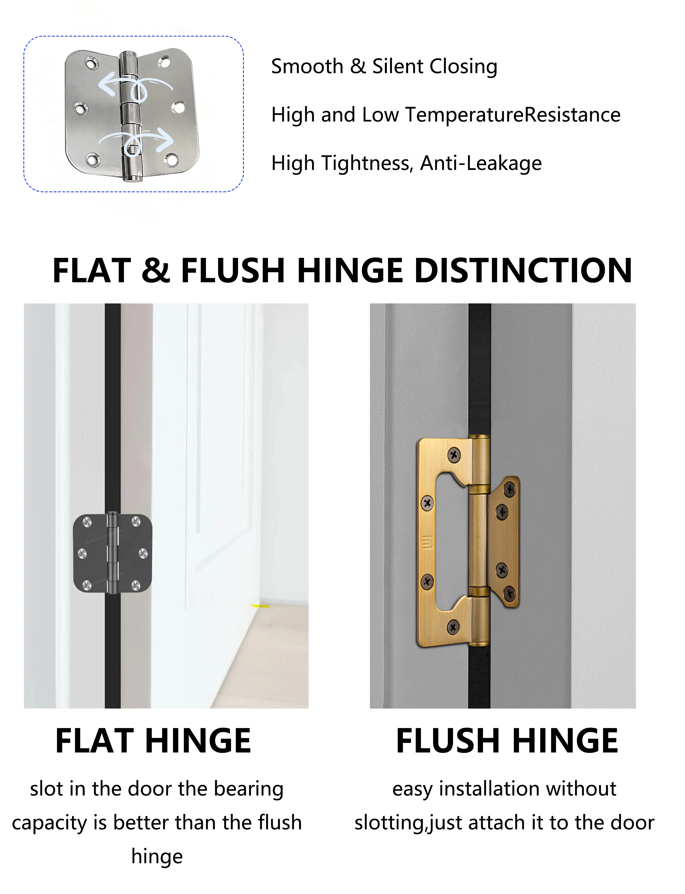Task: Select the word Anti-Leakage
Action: pos(481,163)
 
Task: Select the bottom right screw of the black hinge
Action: pos(136,586)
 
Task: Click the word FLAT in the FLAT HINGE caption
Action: pos(95,741)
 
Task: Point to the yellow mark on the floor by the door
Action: pos(257,606)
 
